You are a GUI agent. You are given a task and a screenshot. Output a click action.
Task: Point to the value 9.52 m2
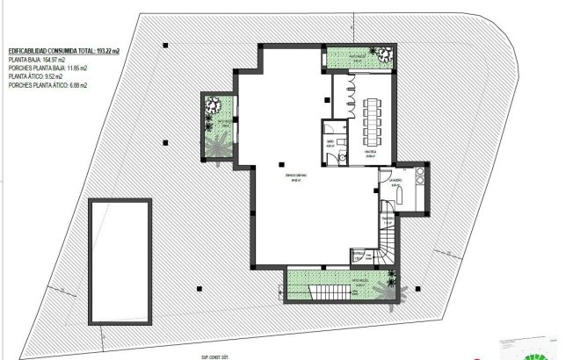pos(52,77)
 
